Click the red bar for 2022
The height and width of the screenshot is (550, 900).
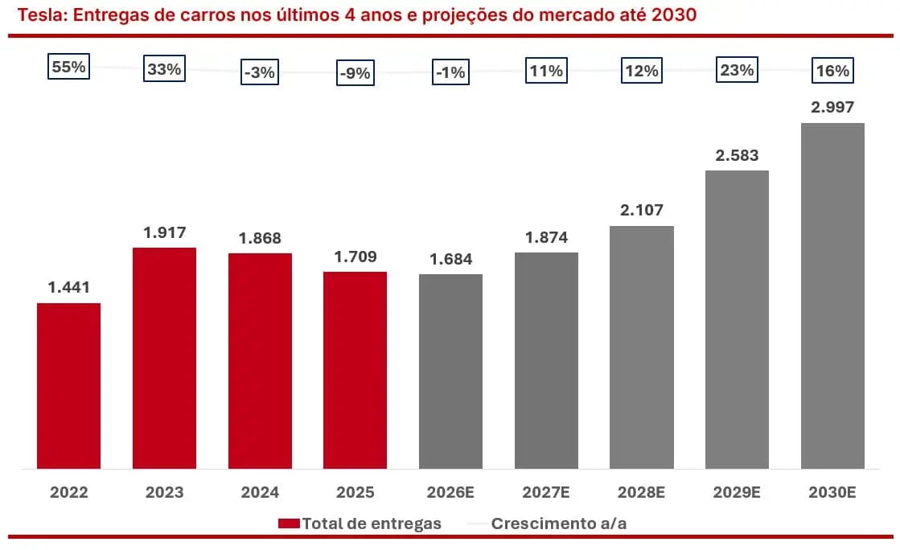click(x=68, y=385)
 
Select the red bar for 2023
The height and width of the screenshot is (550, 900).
click(x=164, y=358)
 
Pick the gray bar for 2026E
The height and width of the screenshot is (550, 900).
click(x=450, y=371)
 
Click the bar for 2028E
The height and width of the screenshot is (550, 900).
click(x=641, y=347)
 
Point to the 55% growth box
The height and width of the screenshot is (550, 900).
click(x=68, y=68)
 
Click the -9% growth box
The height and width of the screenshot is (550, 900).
click(x=355, y=73)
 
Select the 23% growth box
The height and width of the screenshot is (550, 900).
click(x=737, y=70)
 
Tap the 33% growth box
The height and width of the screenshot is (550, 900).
click(x=164, y=69)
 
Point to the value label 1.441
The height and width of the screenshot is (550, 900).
click(x=68, y=287)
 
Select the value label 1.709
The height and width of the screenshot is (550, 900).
click(x=355, y=257)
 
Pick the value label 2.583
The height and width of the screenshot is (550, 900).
click(x=737, y=155)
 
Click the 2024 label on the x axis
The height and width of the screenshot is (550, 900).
click(x=260, y=492)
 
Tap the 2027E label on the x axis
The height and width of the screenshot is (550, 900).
click(x=546, y=492)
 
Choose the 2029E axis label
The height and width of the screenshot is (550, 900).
click(x=737, y=492)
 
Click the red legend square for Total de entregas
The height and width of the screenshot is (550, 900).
click(x=289, y=523)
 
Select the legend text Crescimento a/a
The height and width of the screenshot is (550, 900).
click(x=559, y=523)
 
